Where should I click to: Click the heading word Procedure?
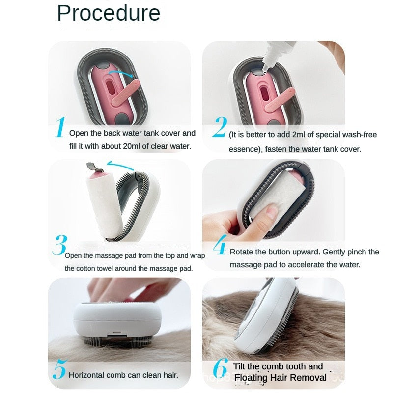pos(109,13)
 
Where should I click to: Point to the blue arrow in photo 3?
pos(121,166)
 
